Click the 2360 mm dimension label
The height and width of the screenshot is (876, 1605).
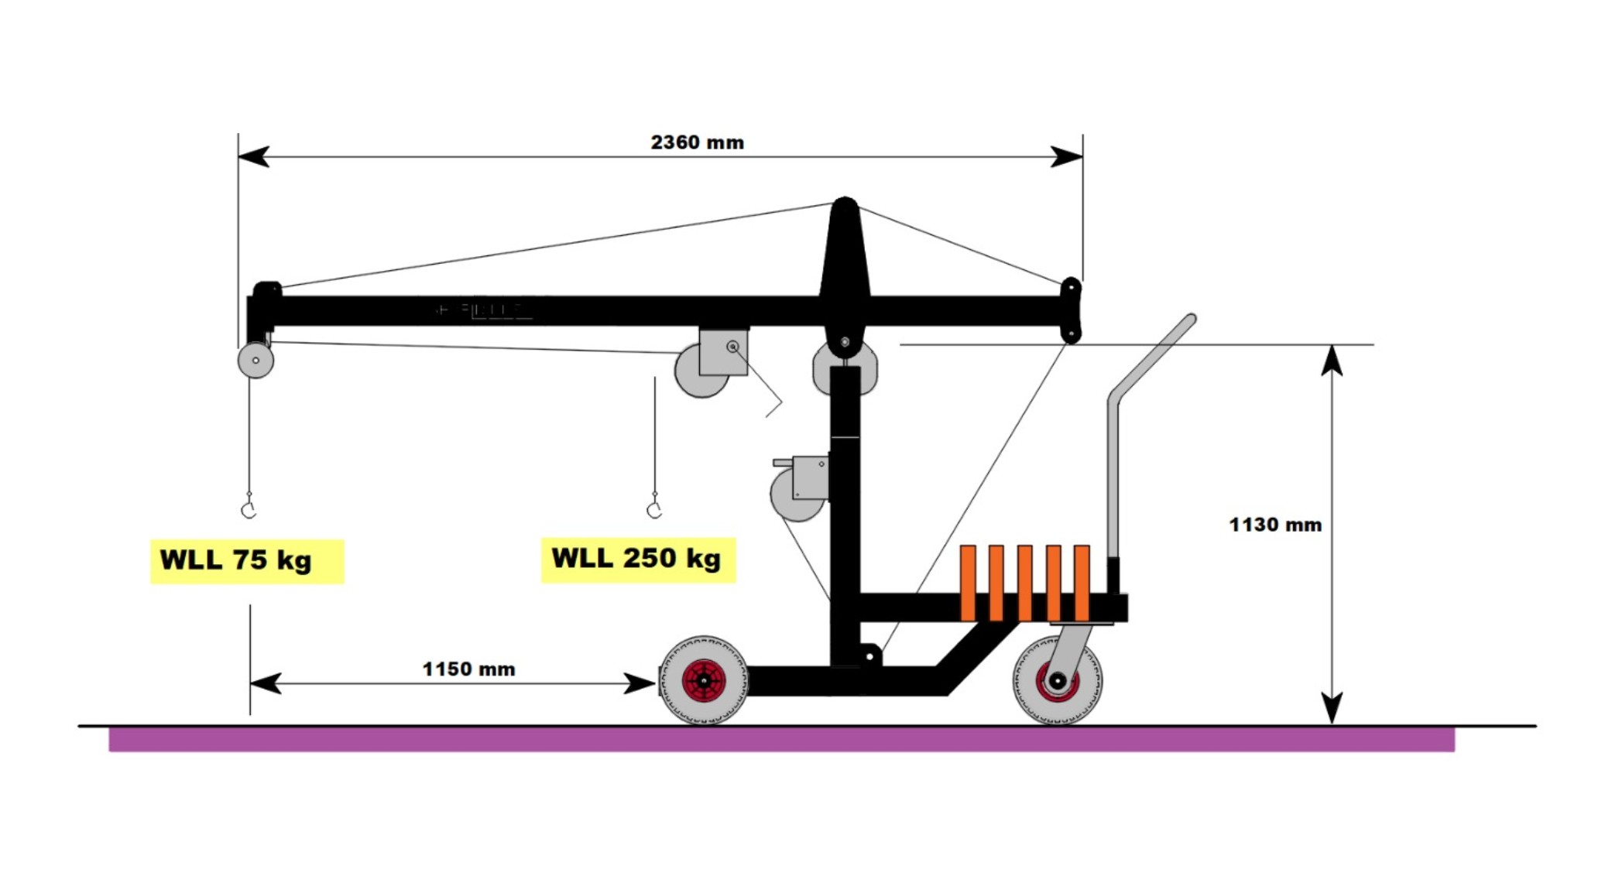697,142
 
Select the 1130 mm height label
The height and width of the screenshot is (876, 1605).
1274,525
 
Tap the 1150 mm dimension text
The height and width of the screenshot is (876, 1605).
468,669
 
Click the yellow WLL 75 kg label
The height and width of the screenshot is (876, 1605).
246,560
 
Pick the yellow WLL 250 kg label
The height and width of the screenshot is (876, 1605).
637,559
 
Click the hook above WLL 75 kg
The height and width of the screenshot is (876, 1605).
249,508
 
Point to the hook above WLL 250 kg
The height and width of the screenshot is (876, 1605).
654,508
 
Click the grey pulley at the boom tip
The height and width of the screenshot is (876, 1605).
255,360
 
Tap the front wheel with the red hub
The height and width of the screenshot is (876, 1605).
703,680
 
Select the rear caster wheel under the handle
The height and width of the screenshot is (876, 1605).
1057,681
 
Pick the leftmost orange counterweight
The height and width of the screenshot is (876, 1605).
968,582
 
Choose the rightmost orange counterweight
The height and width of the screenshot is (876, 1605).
1082,582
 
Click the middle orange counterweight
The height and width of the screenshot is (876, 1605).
1024,582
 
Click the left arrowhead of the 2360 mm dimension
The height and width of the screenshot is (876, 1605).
252,156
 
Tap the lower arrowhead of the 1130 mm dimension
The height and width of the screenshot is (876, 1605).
1331,708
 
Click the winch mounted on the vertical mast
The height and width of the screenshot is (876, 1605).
801,486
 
